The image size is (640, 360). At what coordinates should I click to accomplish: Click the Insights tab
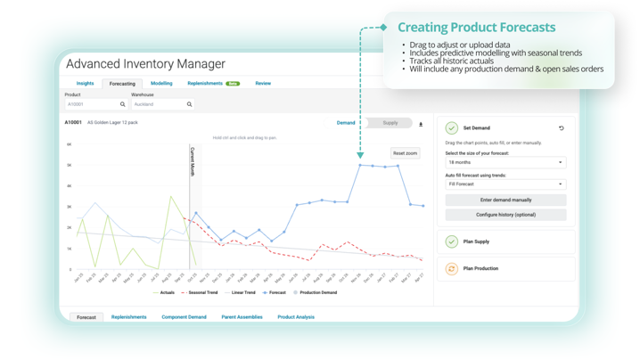85,84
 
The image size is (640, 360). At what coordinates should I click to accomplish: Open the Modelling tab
161,84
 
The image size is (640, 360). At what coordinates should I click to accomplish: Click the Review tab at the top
263,84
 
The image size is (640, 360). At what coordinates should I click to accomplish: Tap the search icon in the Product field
123,104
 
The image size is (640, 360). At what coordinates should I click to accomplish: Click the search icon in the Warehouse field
189,104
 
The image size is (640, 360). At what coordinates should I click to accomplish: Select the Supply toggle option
390,123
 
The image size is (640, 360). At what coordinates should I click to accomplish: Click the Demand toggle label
346,123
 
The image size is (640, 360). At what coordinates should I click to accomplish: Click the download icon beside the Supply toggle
421,124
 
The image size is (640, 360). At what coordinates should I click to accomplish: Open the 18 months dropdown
505,163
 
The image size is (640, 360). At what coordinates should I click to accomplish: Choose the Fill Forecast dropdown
505,184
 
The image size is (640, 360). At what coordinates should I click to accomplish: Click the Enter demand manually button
505,200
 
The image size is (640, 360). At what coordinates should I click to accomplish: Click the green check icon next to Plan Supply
452,241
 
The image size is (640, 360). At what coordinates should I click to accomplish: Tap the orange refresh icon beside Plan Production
452,268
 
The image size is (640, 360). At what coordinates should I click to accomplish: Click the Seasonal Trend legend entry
201,292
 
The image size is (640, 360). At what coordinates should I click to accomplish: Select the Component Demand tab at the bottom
184,317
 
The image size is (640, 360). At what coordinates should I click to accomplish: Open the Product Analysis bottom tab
295,317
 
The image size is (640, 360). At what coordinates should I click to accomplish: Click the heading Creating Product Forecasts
476,28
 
